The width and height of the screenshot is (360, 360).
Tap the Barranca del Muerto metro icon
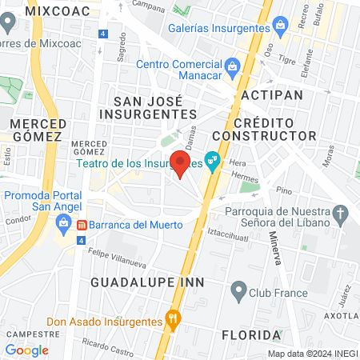[x=81, y=225]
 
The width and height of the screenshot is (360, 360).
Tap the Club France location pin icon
[x=238, y=292]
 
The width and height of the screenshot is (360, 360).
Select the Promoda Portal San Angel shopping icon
[x=58, y=226]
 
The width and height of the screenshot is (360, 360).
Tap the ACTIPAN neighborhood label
[x=272, y=95]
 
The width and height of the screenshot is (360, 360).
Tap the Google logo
[x=26, y=350]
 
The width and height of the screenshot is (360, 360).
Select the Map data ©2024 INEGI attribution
[x=313, y=354]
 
